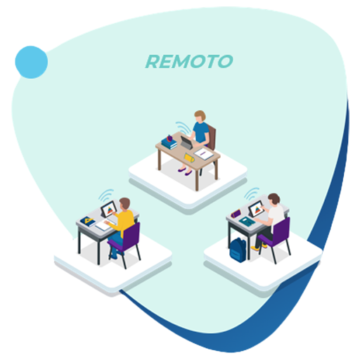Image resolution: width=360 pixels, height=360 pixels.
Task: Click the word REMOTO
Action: (189, 62)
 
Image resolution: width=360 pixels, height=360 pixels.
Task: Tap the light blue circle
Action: (32, 62)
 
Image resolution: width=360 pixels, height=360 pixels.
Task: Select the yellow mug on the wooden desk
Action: (189, 157)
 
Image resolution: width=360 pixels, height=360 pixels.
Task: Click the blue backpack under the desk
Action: (238, 250)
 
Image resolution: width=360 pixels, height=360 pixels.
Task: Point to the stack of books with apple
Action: (169, 142)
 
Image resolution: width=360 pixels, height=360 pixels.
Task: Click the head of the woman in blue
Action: (200, 116)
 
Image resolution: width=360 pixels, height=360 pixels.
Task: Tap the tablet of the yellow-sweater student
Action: (109, 209)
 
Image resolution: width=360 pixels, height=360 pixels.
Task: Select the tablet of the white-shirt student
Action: (256, 208)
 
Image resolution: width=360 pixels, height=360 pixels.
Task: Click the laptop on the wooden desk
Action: (186, 143)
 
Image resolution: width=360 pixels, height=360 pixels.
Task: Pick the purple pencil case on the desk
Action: (236, 214)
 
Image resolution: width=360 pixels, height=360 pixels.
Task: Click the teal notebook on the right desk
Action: (247, 221)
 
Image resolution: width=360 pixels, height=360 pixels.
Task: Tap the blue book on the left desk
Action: (88, 221)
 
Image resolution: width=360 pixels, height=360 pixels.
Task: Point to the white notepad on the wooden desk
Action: (204, 154)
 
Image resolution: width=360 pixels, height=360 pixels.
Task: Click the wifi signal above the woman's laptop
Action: (184, 128)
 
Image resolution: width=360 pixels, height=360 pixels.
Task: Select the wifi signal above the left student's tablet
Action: (105, 195)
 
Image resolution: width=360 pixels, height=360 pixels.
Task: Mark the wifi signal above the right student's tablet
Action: (252, 193)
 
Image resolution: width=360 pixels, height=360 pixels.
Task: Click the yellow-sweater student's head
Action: (124, 204)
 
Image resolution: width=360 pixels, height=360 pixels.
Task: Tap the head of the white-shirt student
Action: (274, 199)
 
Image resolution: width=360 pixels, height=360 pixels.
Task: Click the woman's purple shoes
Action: (185, 172)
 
